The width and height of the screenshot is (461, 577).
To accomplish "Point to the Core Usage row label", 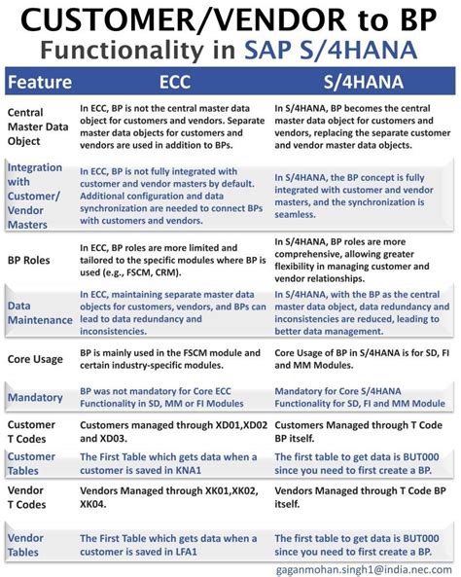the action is pos(37,358).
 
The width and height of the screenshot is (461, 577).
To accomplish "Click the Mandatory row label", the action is pos(36,397).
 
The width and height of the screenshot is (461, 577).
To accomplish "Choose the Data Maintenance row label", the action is pos(38,312).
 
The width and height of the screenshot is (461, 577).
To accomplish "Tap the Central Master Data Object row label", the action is pos(39,126).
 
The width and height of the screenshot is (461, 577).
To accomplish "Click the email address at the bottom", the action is pos(369,567).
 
